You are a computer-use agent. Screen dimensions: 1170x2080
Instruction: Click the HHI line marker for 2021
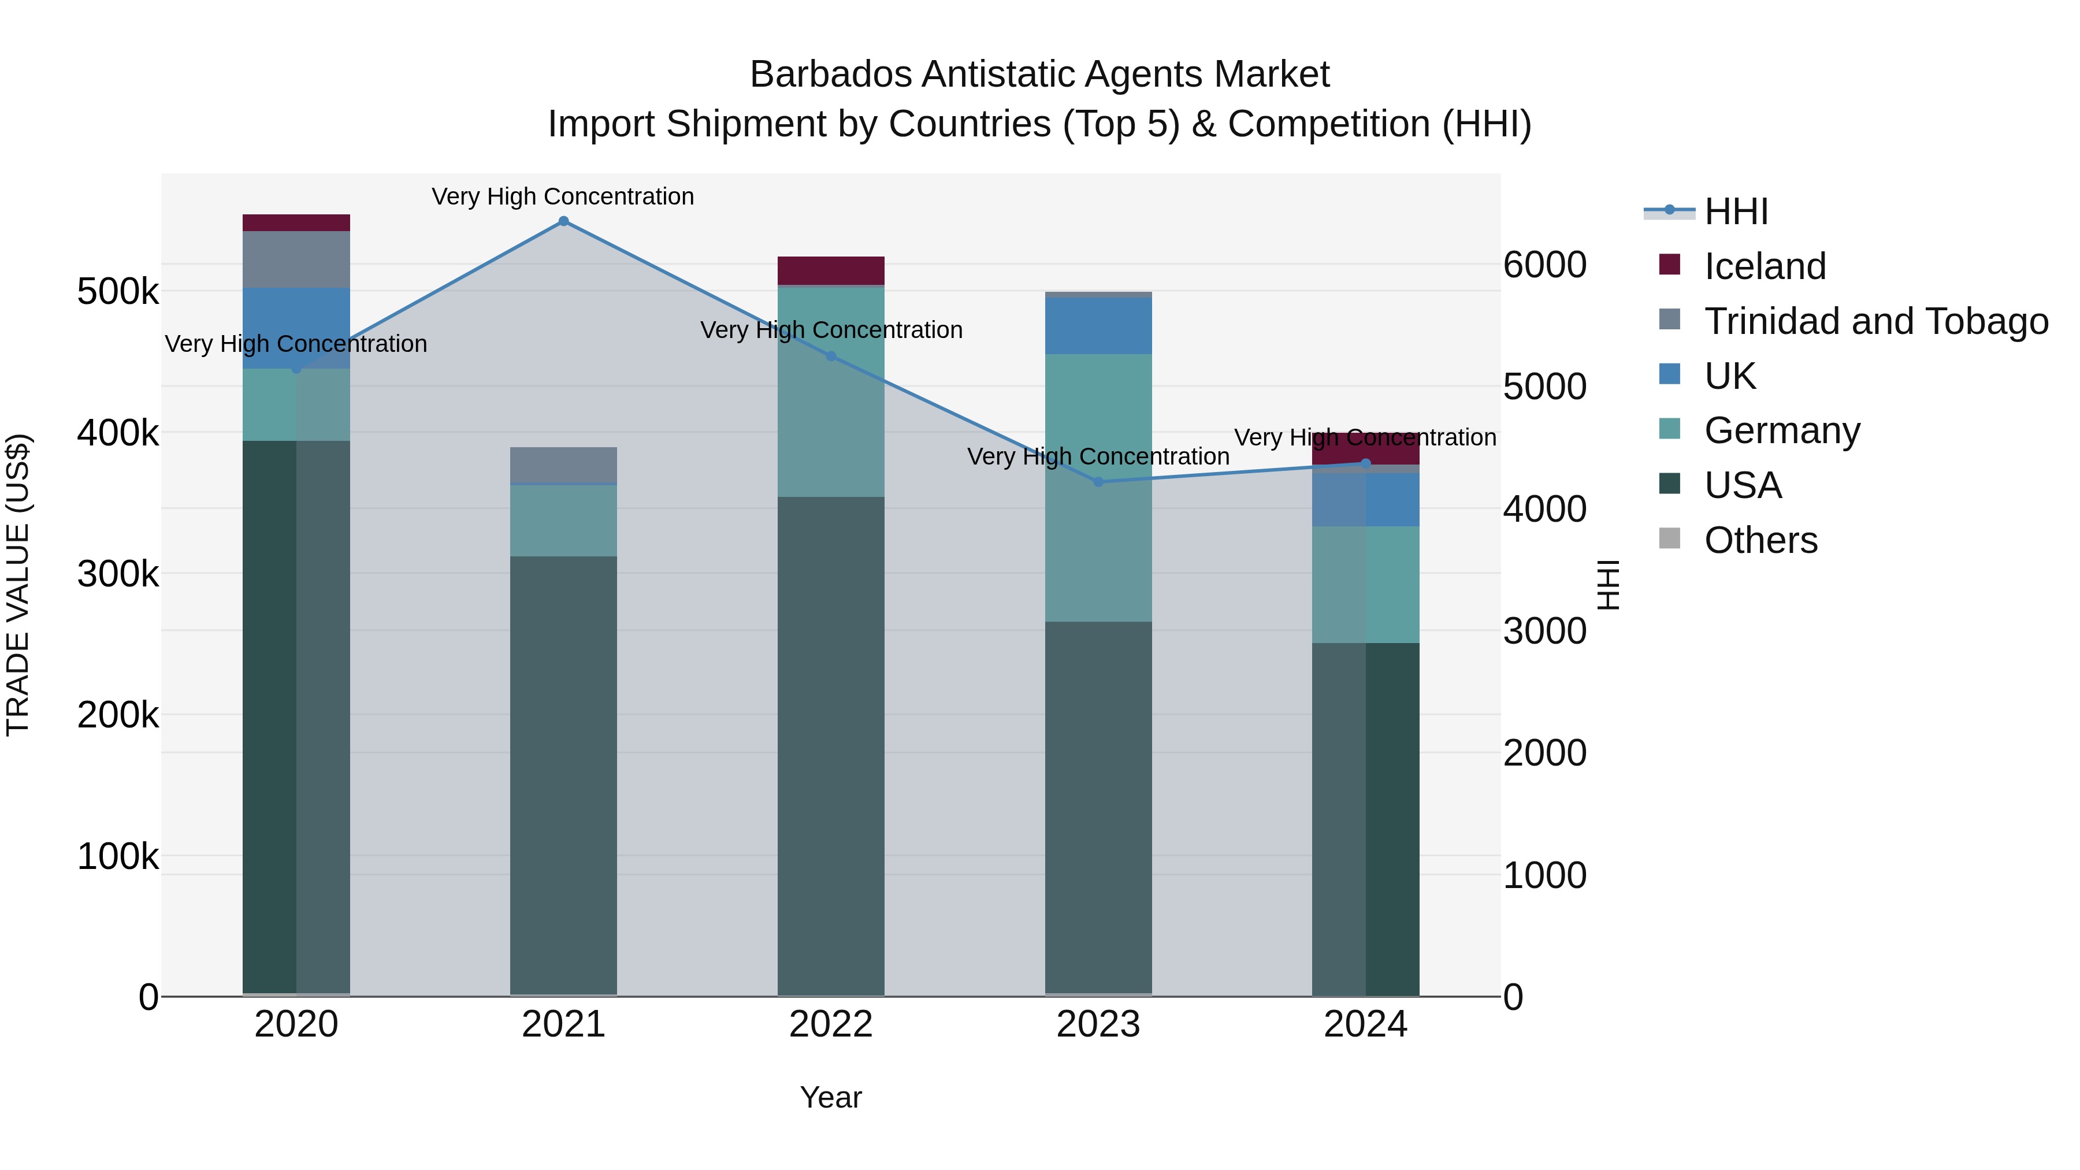(563, 221)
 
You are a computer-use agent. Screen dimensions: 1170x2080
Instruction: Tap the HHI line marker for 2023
(1098, 482)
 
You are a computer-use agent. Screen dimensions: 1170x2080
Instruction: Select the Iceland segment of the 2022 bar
(831, 270)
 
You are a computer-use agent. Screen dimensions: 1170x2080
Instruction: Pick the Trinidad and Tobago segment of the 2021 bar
(563, 465)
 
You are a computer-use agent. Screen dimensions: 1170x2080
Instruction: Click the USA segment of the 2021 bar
(563, 775)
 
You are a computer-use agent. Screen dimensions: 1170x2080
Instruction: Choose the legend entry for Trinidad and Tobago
(1875, 321)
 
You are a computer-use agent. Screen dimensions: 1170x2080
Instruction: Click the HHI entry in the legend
(1736, 211)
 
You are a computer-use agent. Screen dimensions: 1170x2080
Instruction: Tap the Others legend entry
(1760, 540)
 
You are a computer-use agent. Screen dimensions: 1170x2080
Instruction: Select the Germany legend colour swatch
(1669, 429)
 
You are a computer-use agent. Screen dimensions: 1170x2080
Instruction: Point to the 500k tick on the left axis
(118, 292)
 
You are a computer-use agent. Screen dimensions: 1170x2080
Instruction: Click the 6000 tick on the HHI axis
(1544, 265)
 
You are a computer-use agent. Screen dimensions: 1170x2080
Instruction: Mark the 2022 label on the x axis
(831, 1024)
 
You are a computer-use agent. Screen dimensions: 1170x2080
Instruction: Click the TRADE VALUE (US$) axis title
(18, 585)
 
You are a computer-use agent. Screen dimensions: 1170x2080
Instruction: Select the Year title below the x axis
(831, 1097)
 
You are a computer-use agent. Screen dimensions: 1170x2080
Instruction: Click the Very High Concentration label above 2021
(563, 196)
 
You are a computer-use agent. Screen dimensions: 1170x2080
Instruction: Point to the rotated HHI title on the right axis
(1609, 585)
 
